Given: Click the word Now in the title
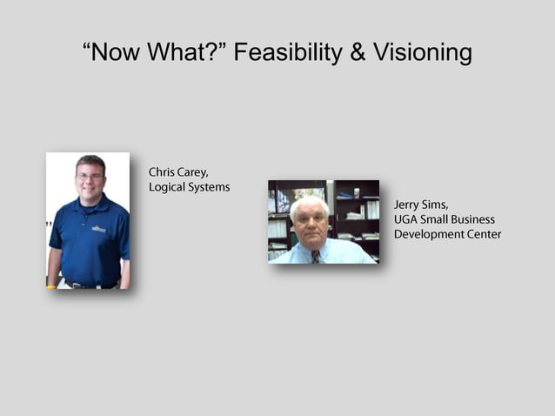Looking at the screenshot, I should click(x=119, y=53).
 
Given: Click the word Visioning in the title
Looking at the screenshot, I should click(x=423, y=53).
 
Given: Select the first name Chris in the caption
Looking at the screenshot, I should click(x=164, y=171).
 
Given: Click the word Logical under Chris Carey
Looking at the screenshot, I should click(x=169, y=187).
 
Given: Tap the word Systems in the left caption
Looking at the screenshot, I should click(x=211, y=187).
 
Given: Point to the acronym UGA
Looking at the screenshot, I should click(x=406, y=219).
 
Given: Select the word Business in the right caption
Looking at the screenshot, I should click(x=471, y=219).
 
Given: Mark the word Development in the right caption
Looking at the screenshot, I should click(x=429, y=234).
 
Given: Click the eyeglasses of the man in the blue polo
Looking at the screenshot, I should click(x=89, y=177).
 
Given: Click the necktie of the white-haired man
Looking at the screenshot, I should click(x=315, y=256).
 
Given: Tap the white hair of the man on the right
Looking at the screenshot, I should click(x=309, y=203).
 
